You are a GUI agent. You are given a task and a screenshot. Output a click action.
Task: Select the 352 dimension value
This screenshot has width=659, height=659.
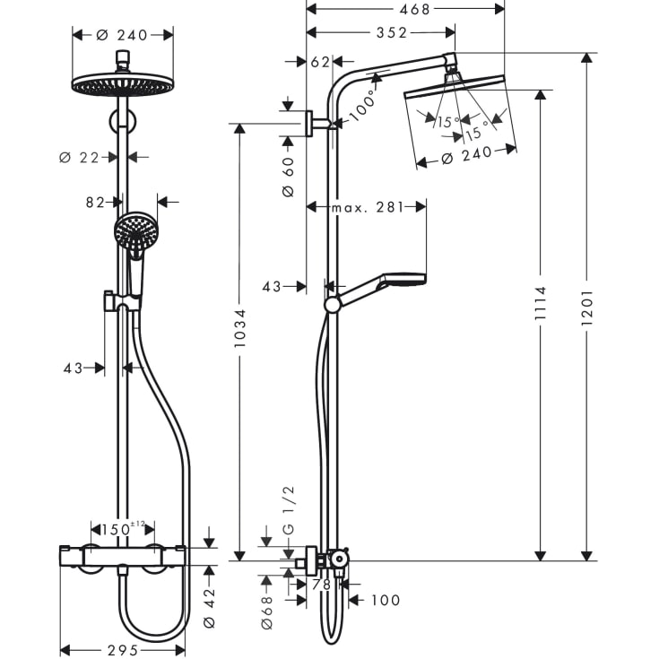click(x=392, y=33)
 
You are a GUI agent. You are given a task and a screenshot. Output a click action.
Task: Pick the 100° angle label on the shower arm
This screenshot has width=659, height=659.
click(x=361, y=108)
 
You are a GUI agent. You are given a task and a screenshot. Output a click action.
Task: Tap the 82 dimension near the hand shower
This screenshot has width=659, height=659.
click(x=96, y=203)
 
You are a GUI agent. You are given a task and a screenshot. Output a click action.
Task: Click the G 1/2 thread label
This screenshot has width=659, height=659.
click(x=288, y=517)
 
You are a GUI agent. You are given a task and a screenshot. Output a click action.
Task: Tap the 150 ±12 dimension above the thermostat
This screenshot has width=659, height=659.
click(x=124, y=528)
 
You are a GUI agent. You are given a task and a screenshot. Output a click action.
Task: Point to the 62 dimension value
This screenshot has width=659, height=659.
click(x=320, y=62)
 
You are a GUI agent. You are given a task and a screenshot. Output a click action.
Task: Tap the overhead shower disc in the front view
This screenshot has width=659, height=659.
click(x=121, y=83)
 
